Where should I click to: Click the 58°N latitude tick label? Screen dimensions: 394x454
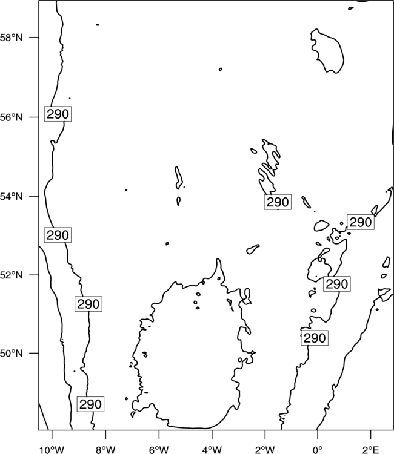coord(12,38)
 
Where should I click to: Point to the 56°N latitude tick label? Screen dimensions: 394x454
coord(12,117)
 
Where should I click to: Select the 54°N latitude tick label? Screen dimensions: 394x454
coord(12,196)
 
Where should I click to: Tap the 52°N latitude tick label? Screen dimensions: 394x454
coord(12,275)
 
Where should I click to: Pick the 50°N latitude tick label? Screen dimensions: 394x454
coord(12,354)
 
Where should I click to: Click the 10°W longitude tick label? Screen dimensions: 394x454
coord(52,450)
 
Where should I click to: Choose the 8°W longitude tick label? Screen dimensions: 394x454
coord(105,450)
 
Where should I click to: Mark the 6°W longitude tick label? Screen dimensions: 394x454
coord(159,450)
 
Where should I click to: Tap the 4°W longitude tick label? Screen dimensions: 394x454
coord(212,450)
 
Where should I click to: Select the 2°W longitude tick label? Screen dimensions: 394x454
coord(265,450)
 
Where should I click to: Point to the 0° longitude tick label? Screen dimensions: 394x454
coord(318,450)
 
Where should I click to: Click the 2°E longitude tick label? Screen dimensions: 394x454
coord(371,450)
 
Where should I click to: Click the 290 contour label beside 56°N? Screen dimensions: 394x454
coord(58,114)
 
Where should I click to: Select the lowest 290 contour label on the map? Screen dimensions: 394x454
coord(90,404)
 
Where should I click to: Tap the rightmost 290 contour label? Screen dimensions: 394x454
coord(361,222)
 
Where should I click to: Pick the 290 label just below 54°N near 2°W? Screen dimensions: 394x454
coord(278,202)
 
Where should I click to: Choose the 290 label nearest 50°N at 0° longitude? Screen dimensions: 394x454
coord(315,338)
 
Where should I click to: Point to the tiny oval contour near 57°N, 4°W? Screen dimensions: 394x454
coord(221,69)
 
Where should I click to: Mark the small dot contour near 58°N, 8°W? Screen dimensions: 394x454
coord(98,25)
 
